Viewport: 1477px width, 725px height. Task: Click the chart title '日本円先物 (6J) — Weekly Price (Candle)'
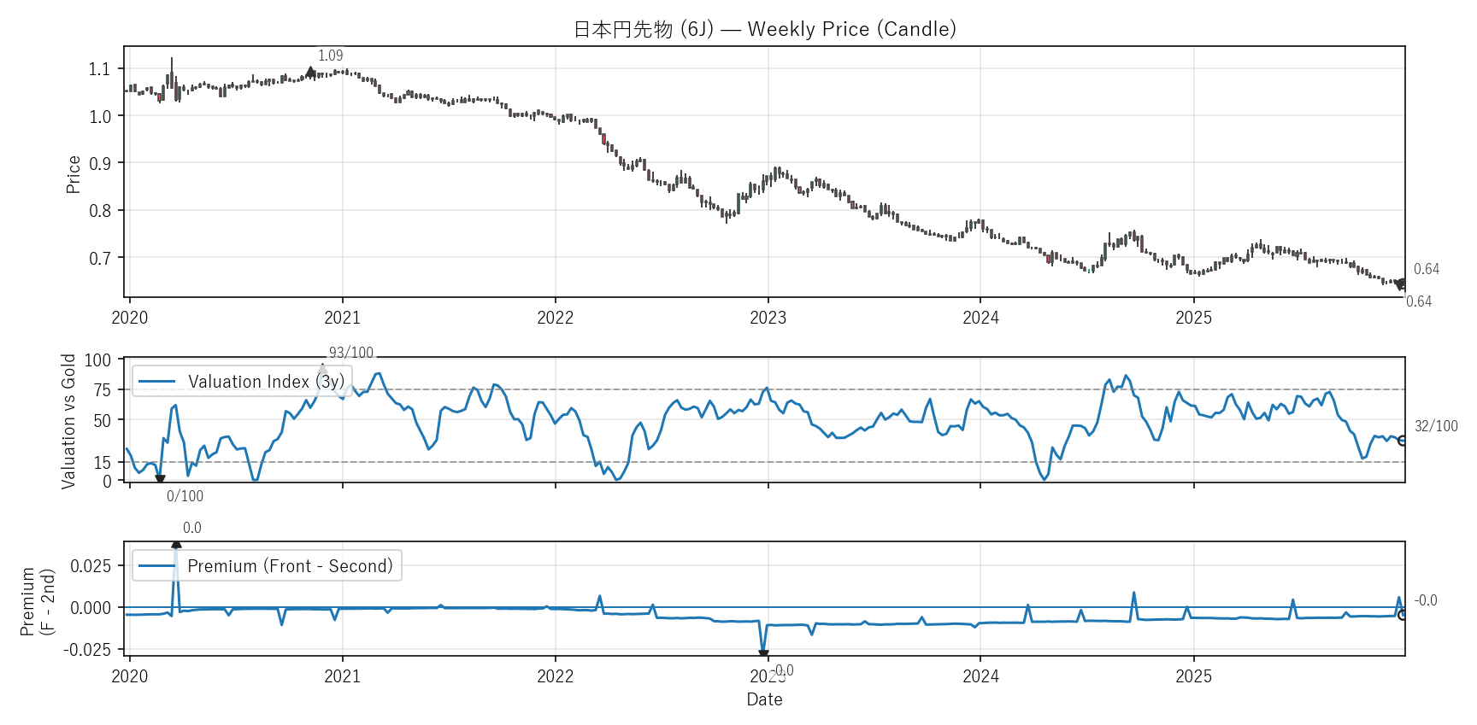(x=764, y=29)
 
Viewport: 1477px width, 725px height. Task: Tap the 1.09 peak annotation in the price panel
(x=330, y=56)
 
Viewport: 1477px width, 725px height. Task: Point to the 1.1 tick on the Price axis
(x=100, y=69)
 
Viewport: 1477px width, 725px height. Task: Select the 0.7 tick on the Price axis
(x=100, y=258)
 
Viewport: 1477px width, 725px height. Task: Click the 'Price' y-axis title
(x=74, y=174)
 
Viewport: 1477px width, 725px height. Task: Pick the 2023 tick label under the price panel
(x=768, y=318)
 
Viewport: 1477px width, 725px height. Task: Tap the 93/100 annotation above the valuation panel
(x=351, y=353)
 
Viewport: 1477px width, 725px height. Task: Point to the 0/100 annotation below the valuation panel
(x=185, y=496)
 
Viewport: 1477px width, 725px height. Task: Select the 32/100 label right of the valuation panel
(x=1436, y=426)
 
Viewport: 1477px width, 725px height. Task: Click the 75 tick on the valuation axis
(x=103, y=390)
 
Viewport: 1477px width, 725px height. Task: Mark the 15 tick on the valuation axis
(x=103, y=463)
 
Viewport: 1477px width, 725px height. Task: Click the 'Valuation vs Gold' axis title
(x=68, y=420)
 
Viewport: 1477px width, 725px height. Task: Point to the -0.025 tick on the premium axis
(x=87, y=650)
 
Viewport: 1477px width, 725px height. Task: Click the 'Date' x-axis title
(x=764, y=699)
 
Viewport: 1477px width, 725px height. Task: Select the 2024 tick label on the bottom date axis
(x=980, y=676)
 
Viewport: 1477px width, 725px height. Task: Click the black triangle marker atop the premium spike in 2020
(x=176, y=544)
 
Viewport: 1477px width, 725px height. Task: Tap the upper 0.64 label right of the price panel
(x=1426, y=269)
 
